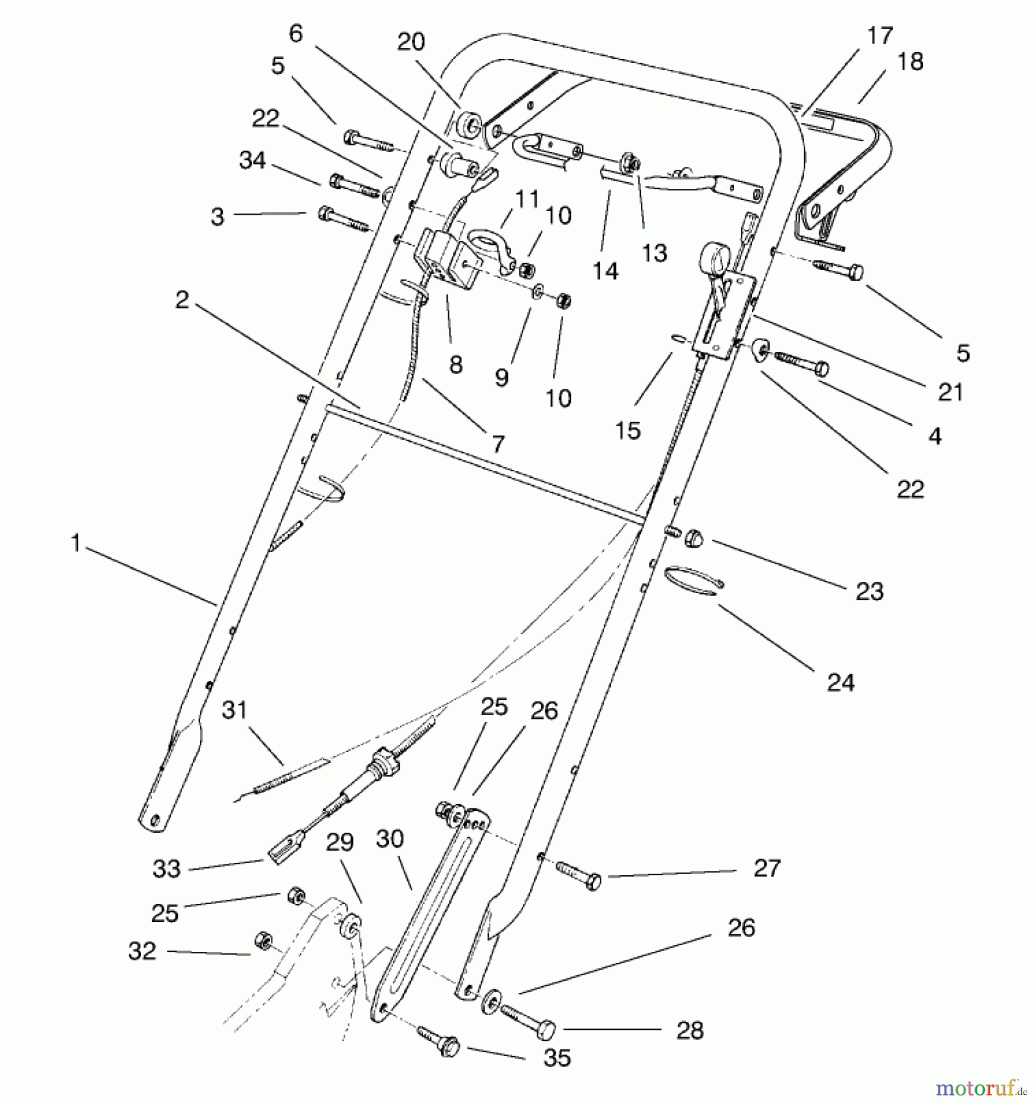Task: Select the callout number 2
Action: (x=182, y=300)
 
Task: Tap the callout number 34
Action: (x=253, y=161)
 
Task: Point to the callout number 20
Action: (x=411, y=42)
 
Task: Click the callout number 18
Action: (x=910, y=62)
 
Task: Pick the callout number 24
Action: (x=840, y=682)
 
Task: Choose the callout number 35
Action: (x=557, y=1057)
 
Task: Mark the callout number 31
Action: (x=234, y=710)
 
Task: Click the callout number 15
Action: (x=627, y=430)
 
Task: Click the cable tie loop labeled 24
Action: (x=693, y=580)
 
